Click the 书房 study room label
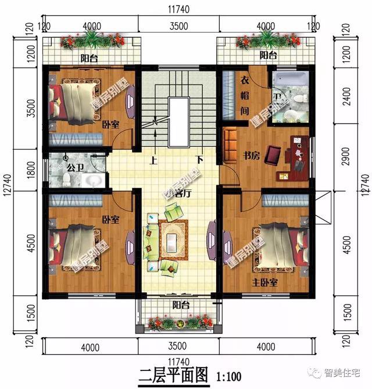pyautogui.click(x=251, y=155)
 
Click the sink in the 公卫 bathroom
pyautogui.click(x=91, y=181)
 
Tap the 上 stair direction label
pyautogui.click(x=155, y=159)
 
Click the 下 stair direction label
pyautogui.click(x=199, y=159)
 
